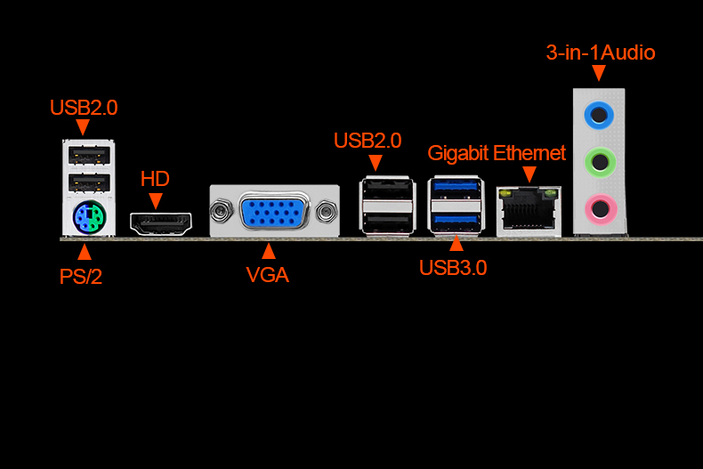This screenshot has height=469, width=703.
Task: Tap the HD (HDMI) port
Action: point(162,222)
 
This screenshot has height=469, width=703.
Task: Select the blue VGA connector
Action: point(274,213)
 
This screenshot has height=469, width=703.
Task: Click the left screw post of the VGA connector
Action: point(219,212)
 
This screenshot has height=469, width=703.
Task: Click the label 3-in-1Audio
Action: point(600,53)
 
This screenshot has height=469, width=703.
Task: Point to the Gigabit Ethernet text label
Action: point(497,153)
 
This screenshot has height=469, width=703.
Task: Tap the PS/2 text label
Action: point(81,276)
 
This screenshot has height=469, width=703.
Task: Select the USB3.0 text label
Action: point(453,267)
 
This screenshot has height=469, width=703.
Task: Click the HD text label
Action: point(155,180)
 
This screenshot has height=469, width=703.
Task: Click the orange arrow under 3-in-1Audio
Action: point(598,73)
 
